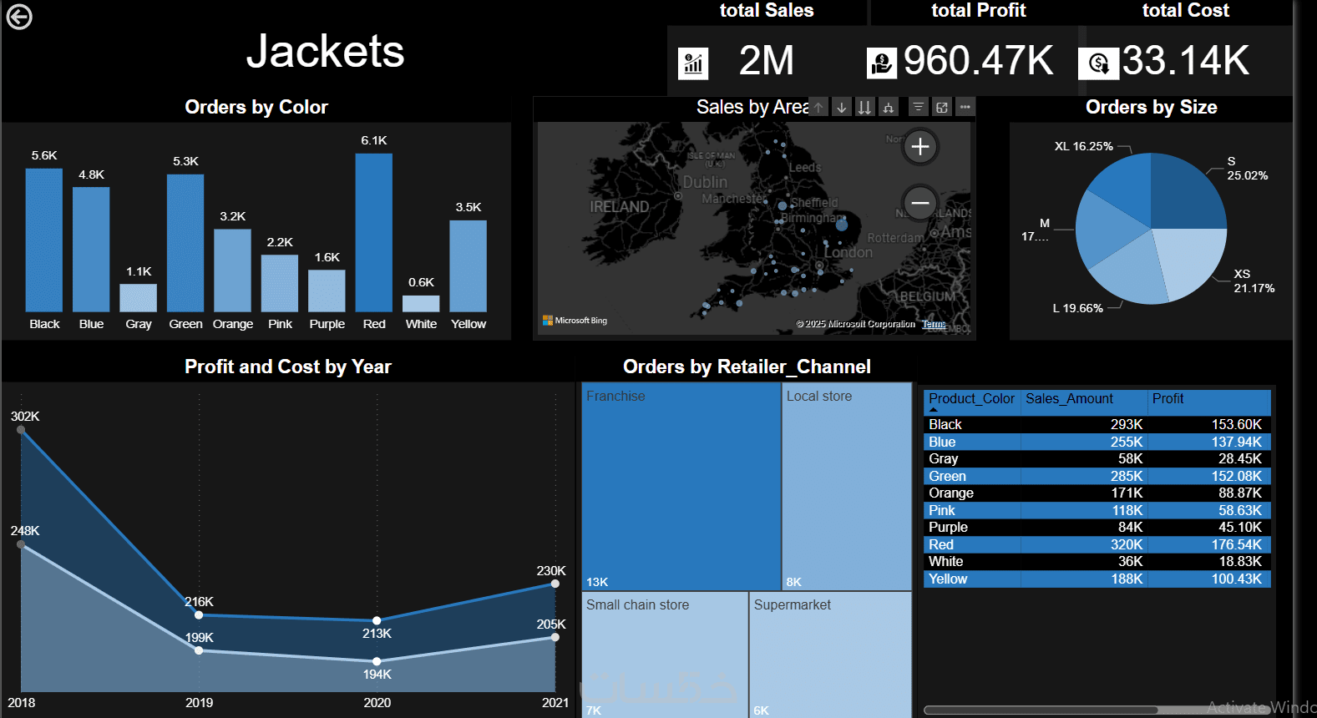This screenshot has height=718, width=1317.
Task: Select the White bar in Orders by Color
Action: (x=421, y=304)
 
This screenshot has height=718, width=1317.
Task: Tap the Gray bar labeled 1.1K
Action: (x=139, y=298)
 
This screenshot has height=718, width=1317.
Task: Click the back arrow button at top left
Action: (x=19, y=17)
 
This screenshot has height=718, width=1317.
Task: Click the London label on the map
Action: (x=848, y=252)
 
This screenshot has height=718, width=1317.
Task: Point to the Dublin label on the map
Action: (x=705, y=182)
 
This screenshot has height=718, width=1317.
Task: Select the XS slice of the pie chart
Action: (x=1191, y=259)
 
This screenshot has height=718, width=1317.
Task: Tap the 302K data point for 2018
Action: (x=22, y=430)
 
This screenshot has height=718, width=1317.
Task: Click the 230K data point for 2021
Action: (x=555, y=584)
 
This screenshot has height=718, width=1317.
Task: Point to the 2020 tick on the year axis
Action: (x=377, y=703)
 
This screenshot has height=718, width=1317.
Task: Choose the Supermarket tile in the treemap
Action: (x=829, y=655)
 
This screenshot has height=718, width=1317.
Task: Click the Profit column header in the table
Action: (x=1168, y=399)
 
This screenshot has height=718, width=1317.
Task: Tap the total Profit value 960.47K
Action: (x=978, y=61)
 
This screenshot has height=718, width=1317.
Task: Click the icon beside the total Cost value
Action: (x=1098, y=63)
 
